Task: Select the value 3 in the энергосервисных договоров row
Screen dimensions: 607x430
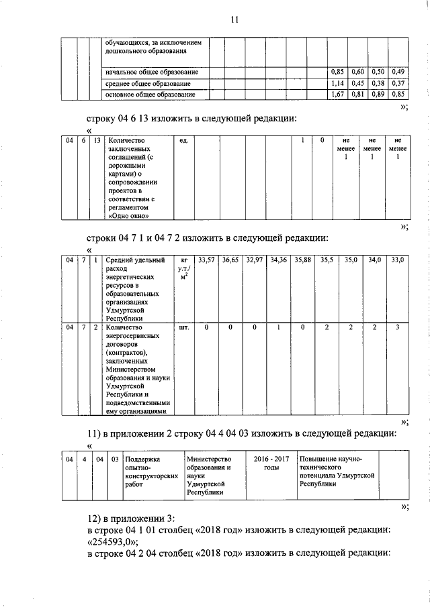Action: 398,328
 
